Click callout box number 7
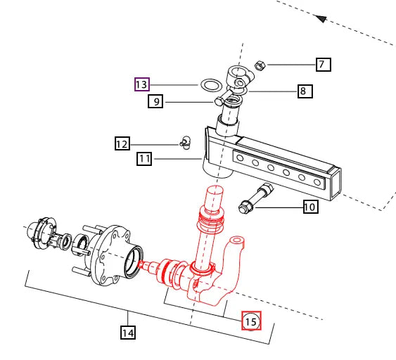[324, 65]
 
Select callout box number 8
[305, 91]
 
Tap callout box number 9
[155, 101]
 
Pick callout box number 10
[311, 207]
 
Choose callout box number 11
[144, 159]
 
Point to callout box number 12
[122, 143]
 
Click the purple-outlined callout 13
[142, 84]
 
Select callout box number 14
[128, 333]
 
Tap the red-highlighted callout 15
[251, 321]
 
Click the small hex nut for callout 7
[260, 65]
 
